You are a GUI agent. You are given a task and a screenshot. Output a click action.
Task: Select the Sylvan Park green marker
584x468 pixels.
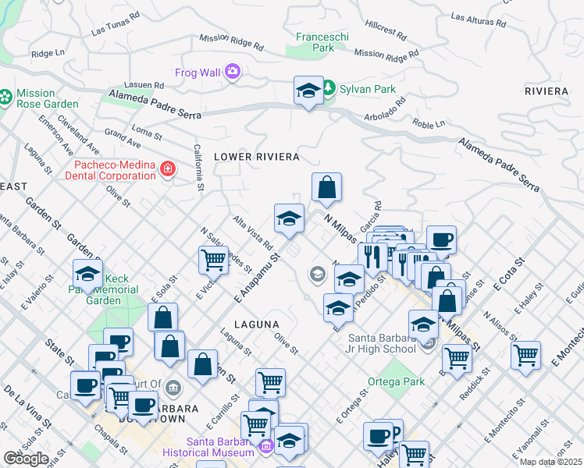[329, 88]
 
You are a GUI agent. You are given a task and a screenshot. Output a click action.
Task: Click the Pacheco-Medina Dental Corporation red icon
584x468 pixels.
[166, 168]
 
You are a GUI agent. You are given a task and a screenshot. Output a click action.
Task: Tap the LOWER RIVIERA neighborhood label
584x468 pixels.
[257, 157]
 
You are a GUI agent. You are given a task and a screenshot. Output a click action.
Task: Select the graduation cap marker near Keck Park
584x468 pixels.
[87, 274]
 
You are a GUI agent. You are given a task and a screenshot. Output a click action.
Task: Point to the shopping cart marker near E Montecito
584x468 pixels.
[526, 355]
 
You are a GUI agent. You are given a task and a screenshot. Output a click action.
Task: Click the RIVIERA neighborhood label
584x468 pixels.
[547, 91]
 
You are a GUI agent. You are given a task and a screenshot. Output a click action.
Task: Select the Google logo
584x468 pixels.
[27, 458]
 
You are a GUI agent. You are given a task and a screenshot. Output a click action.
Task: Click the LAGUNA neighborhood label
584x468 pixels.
[256, 322]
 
